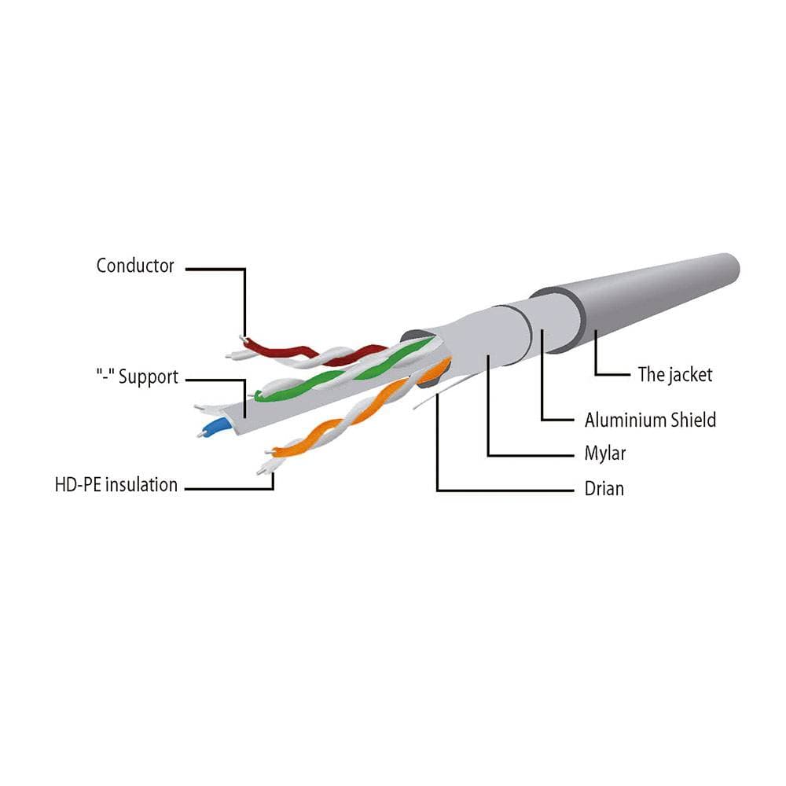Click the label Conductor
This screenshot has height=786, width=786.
pos(135,266)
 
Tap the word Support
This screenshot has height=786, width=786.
pos(149,377)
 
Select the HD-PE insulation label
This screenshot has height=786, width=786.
pos(116,485)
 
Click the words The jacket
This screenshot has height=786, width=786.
pos(674,374)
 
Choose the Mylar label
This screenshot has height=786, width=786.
pos(605,454)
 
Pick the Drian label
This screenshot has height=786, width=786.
pos(604,488)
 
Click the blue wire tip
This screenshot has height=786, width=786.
pos(214,428)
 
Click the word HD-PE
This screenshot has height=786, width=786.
pos(79,485)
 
